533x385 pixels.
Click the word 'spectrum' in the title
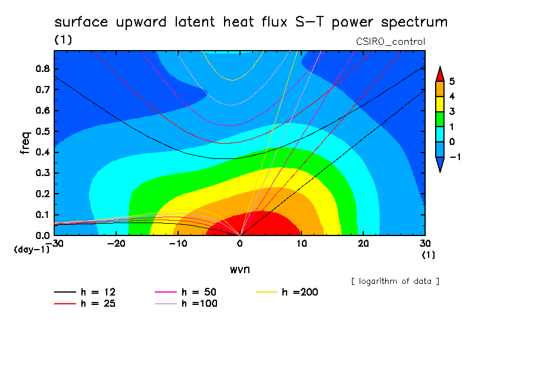[x=414, y=22]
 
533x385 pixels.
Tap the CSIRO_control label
[x=390, y=42]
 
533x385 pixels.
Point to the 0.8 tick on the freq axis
[x=42, y=69]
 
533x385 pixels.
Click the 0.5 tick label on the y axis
[x=42, y=131]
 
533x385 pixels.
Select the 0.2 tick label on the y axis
[x=42, y=194]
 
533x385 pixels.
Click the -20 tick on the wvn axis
[x=116, y=244]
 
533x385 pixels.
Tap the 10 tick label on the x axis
[x=301, y=244]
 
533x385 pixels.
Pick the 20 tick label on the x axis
[x=363, y=244]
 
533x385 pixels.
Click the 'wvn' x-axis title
[x=240, y=270]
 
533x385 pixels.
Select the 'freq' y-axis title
[x=25, y=143]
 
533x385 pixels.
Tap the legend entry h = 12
[x=85, y=292]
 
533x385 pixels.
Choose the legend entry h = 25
[x=85, y=304]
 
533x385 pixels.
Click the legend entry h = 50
[x=186, y=292]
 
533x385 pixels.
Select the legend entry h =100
[x=186, y=304]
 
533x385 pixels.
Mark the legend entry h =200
[x=287, y=292]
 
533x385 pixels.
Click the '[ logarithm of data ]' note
[x=396, y=281]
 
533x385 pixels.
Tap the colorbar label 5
[x=452, y=81]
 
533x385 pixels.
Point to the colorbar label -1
[x=455, y=157]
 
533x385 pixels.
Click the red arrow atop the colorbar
[x=440, y=74]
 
